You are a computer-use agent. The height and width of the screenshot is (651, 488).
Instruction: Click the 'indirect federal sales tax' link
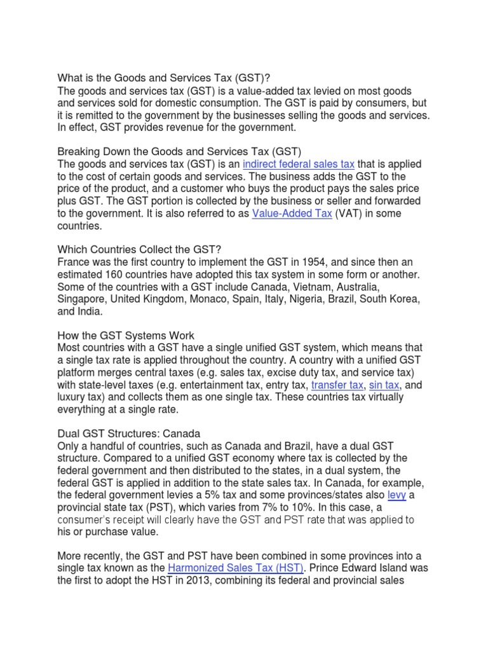[299, 164]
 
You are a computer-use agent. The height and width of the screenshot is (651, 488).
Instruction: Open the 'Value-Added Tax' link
[292, 214]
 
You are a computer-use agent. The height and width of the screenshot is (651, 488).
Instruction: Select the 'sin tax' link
[384, 385]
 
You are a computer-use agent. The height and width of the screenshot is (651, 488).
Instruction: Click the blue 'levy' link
[396, 495]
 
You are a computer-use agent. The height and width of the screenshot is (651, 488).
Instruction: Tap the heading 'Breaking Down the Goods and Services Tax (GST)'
[179, 151]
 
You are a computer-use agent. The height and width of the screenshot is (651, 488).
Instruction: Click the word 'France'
[75, 262]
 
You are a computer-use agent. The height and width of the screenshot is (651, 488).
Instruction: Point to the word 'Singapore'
[83, 299]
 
